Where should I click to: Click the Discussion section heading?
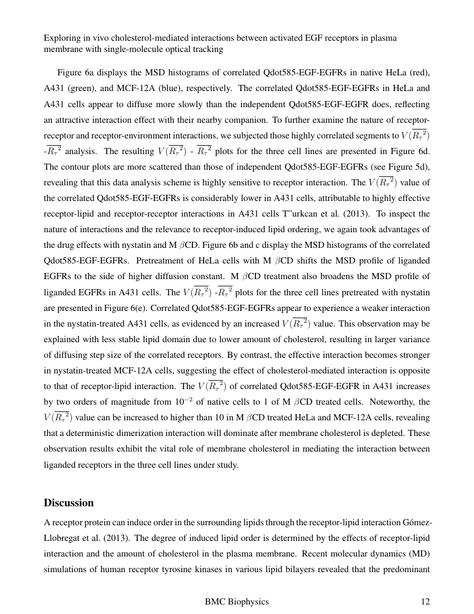pos(69,503)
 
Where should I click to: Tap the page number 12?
pos(425,602)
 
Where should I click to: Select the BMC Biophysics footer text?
pos(237,602)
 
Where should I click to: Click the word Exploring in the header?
pos(60,38)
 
